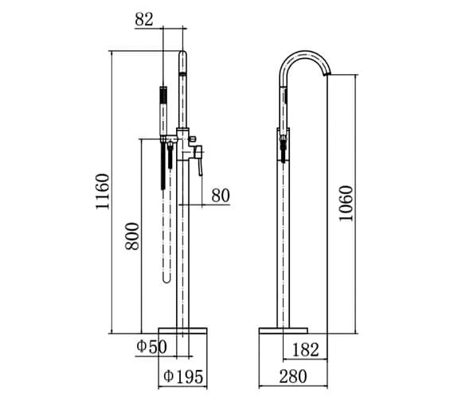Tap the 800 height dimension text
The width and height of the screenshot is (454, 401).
coord(133,236)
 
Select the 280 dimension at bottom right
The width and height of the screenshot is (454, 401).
coord(294,375)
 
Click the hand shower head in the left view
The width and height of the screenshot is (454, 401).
coord(164,107)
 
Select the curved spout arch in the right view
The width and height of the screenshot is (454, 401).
coord(303,56)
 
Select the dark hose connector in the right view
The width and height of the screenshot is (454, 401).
coord(282,146)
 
